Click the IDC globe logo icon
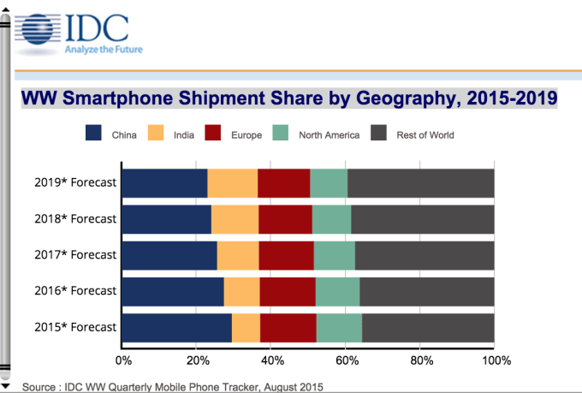[36, 28]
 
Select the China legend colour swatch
[93, 134]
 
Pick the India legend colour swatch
[157, 134]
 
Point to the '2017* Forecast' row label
[76, 255]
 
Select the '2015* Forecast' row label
[76, 327]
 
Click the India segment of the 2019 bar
[232, 183]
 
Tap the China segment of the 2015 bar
[176, 327]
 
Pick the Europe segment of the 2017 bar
[286, 255]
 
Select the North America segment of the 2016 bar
[337, 291]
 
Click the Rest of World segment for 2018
[422, 219]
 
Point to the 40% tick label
[273, 360]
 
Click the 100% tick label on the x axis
[496, 360]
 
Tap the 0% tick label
[123, 360]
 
